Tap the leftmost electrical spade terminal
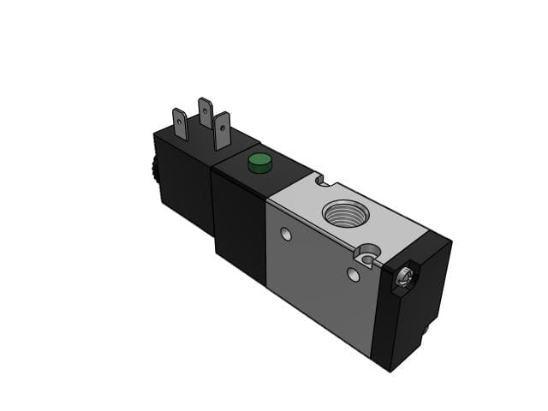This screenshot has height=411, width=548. point(180,125)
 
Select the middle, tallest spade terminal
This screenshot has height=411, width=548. point(205,113)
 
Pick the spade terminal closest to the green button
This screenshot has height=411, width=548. point(223,131)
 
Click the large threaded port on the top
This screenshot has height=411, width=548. point(345,213)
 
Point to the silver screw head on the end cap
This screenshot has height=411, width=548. point(404,277)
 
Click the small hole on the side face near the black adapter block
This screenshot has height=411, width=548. point(286,234)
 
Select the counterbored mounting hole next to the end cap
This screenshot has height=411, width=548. point(369,254)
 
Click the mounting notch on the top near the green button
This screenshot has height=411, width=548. point(321,182)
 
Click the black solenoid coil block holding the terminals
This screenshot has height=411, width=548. point(184,180)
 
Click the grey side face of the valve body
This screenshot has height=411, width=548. point(317,274)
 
